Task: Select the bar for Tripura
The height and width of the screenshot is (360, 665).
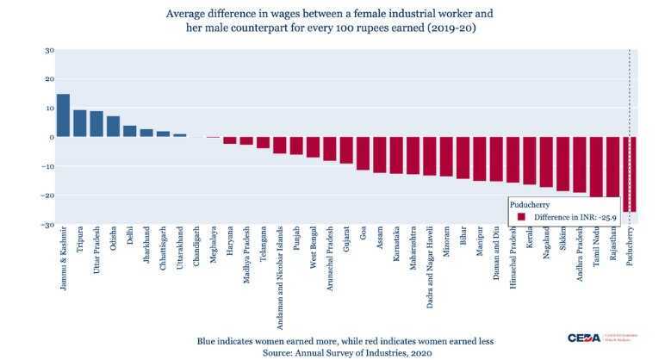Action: pos(79,123)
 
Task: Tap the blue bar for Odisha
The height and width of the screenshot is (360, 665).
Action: pos(113,127)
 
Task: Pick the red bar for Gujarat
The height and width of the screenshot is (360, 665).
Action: pos(346,150)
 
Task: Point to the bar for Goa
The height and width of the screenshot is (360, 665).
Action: pos(363,153)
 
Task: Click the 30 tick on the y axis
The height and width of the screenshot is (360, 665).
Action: pos(49,50)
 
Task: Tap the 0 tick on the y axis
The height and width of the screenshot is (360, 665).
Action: pos(51,137)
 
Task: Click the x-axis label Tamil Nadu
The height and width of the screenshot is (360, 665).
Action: pos(596,251)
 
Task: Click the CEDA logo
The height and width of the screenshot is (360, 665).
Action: pos(589,338)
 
